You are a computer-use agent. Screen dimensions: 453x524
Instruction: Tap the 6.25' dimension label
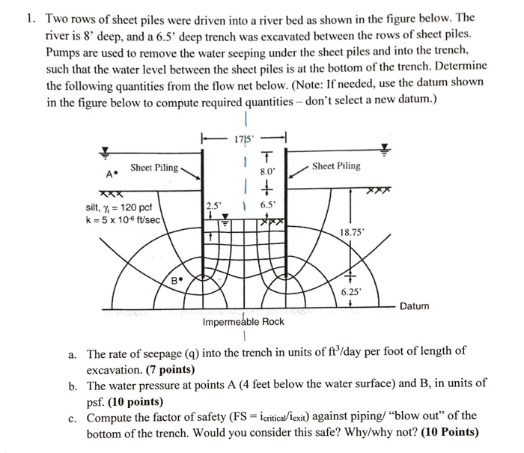pos(350,292)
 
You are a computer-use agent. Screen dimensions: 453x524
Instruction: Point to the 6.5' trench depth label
pos(267,204)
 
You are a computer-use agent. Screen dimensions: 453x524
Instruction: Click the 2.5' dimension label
pos(213,204)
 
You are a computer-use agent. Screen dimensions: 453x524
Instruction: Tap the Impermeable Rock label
pos(243,323)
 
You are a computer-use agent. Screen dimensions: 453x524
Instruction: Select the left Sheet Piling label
pos(154,168)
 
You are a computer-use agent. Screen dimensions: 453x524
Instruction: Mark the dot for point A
pos(118,174)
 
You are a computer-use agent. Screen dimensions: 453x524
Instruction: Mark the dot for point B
pos(180,282)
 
